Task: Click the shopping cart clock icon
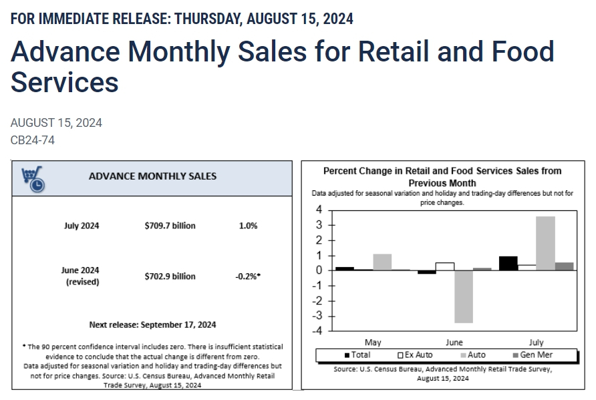[x=33, y=178]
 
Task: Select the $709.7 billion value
[x=170, y=226]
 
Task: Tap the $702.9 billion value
[x=170, y=276]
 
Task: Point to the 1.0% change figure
[x=248, y=226]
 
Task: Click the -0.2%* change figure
[x=248, y=276]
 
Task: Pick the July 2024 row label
[x=82, y=226]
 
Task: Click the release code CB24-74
[x=33, y=140]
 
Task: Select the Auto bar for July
[x=545, y=243]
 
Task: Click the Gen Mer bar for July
[x=564, y=266]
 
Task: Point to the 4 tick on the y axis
[x=319, y=210]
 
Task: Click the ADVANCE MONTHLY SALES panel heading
[x=152, y=176]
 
